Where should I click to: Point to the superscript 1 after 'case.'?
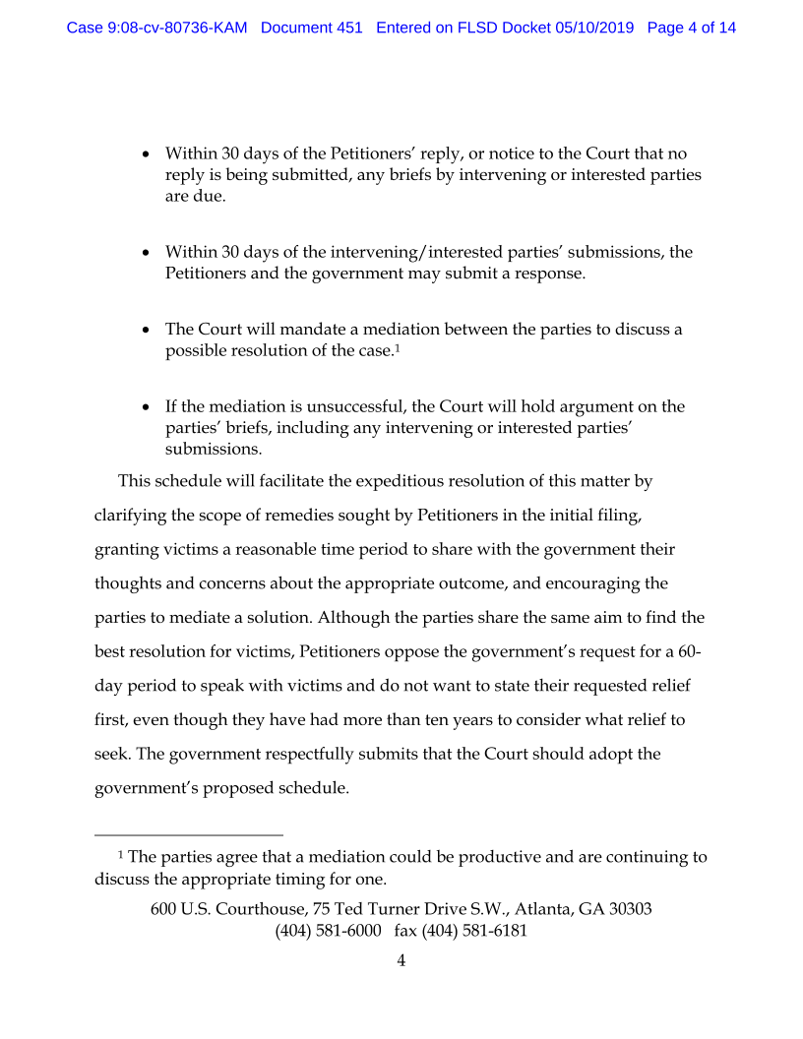(397, 348)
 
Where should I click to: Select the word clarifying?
(130, 516)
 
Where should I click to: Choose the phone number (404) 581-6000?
(328, 931)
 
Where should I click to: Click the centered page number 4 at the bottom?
(401, 961)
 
